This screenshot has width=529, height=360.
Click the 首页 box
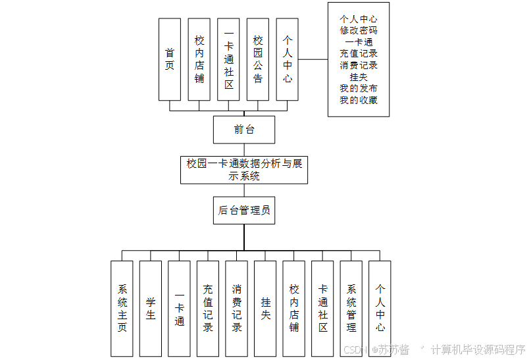click(x=170, y=59)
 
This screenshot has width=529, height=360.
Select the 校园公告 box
click(x=258, y=59)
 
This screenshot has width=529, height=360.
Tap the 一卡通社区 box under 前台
click(x=228, y=59)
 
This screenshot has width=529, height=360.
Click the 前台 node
click(x=244, y=130)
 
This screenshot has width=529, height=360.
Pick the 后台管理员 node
click(x=244, y=211)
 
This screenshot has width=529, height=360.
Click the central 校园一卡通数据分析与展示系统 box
click(x=244, y=170)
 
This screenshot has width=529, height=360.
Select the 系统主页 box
click(x=122, y=308)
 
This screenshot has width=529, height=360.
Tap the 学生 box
click(x=151, y=308)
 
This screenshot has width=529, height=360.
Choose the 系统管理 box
click(x=351, y=308)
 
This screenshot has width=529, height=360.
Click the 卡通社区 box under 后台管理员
click(x=322, y=308)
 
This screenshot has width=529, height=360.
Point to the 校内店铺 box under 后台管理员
click(x=294, y=308)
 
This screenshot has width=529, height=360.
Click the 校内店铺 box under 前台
click(x=199, y=59)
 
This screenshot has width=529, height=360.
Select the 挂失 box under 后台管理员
click(x=265, y=308)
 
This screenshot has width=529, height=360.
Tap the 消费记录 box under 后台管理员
click(x=237, y=308)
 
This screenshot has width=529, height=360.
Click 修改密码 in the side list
click(x=359, y=30)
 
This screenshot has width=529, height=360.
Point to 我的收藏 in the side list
click(x=359, y=100)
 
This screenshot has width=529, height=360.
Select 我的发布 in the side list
click(x=359, y=88)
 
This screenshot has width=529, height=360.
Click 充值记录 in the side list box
click(x=359, y=53)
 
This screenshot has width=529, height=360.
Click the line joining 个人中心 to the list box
click(x=313, y=59)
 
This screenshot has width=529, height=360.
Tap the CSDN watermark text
click(x=355, y=349)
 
